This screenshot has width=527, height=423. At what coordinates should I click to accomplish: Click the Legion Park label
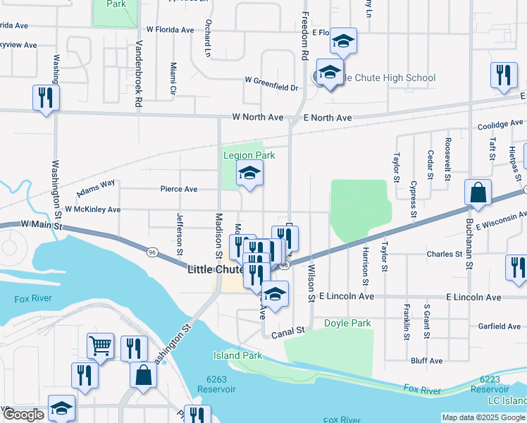(249, 155)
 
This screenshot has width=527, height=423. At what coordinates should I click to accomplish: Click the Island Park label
(238, 355)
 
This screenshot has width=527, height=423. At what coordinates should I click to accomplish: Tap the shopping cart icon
(100, 345)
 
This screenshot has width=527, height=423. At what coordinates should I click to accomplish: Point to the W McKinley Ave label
(92, 209)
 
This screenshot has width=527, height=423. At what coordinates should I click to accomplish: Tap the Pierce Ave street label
(178, 189)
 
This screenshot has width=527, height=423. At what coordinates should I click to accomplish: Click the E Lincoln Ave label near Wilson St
(346, 297)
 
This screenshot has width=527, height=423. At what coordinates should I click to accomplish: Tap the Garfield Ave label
(500, 326)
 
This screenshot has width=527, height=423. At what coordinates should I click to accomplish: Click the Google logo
(23, 415)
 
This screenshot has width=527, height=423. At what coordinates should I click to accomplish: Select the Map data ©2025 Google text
(483, 417)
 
